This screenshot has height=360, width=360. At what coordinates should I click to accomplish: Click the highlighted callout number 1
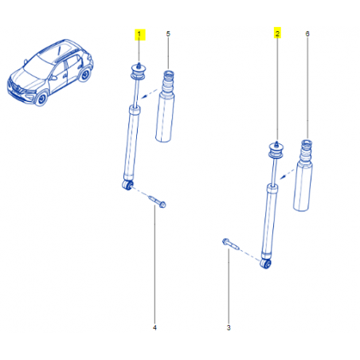(x=139, y=34)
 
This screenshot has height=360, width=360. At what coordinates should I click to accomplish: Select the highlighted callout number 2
(x=277, y=33)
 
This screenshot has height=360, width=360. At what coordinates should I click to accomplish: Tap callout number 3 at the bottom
(x=229, y=327)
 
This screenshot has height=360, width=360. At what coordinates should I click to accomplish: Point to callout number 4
(x=155, y=327)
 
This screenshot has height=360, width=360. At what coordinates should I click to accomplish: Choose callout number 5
(x=168, y=34)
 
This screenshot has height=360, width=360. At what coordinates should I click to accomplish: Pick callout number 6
(x=307, y=33)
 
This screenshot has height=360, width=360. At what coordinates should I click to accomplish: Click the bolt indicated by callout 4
(x=158, y=202)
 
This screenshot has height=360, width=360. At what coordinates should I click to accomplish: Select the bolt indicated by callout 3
(x=230, y=244)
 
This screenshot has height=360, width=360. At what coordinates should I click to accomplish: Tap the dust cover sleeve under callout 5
(x=165, y=106)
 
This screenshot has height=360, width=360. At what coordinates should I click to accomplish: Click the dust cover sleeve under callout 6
(x=303, y=175)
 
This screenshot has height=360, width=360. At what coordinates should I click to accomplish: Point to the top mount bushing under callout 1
(x=139, y=72)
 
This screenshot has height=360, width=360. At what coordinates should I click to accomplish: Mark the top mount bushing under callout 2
(x=276, y=151)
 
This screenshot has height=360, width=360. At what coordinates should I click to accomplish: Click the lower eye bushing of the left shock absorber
(x=127, y=185)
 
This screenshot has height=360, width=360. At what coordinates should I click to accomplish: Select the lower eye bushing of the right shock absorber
(x=266, y=264)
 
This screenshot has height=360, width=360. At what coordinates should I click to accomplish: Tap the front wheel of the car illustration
(x=41, y=99)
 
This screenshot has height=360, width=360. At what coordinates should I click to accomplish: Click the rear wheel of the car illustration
(x=85, y=74)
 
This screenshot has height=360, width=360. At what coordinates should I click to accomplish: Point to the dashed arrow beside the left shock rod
(x=149, y=94)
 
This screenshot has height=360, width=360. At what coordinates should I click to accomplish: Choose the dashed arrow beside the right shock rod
(x=288, y=174)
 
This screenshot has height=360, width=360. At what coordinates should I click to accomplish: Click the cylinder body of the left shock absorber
(x=132, y=143)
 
